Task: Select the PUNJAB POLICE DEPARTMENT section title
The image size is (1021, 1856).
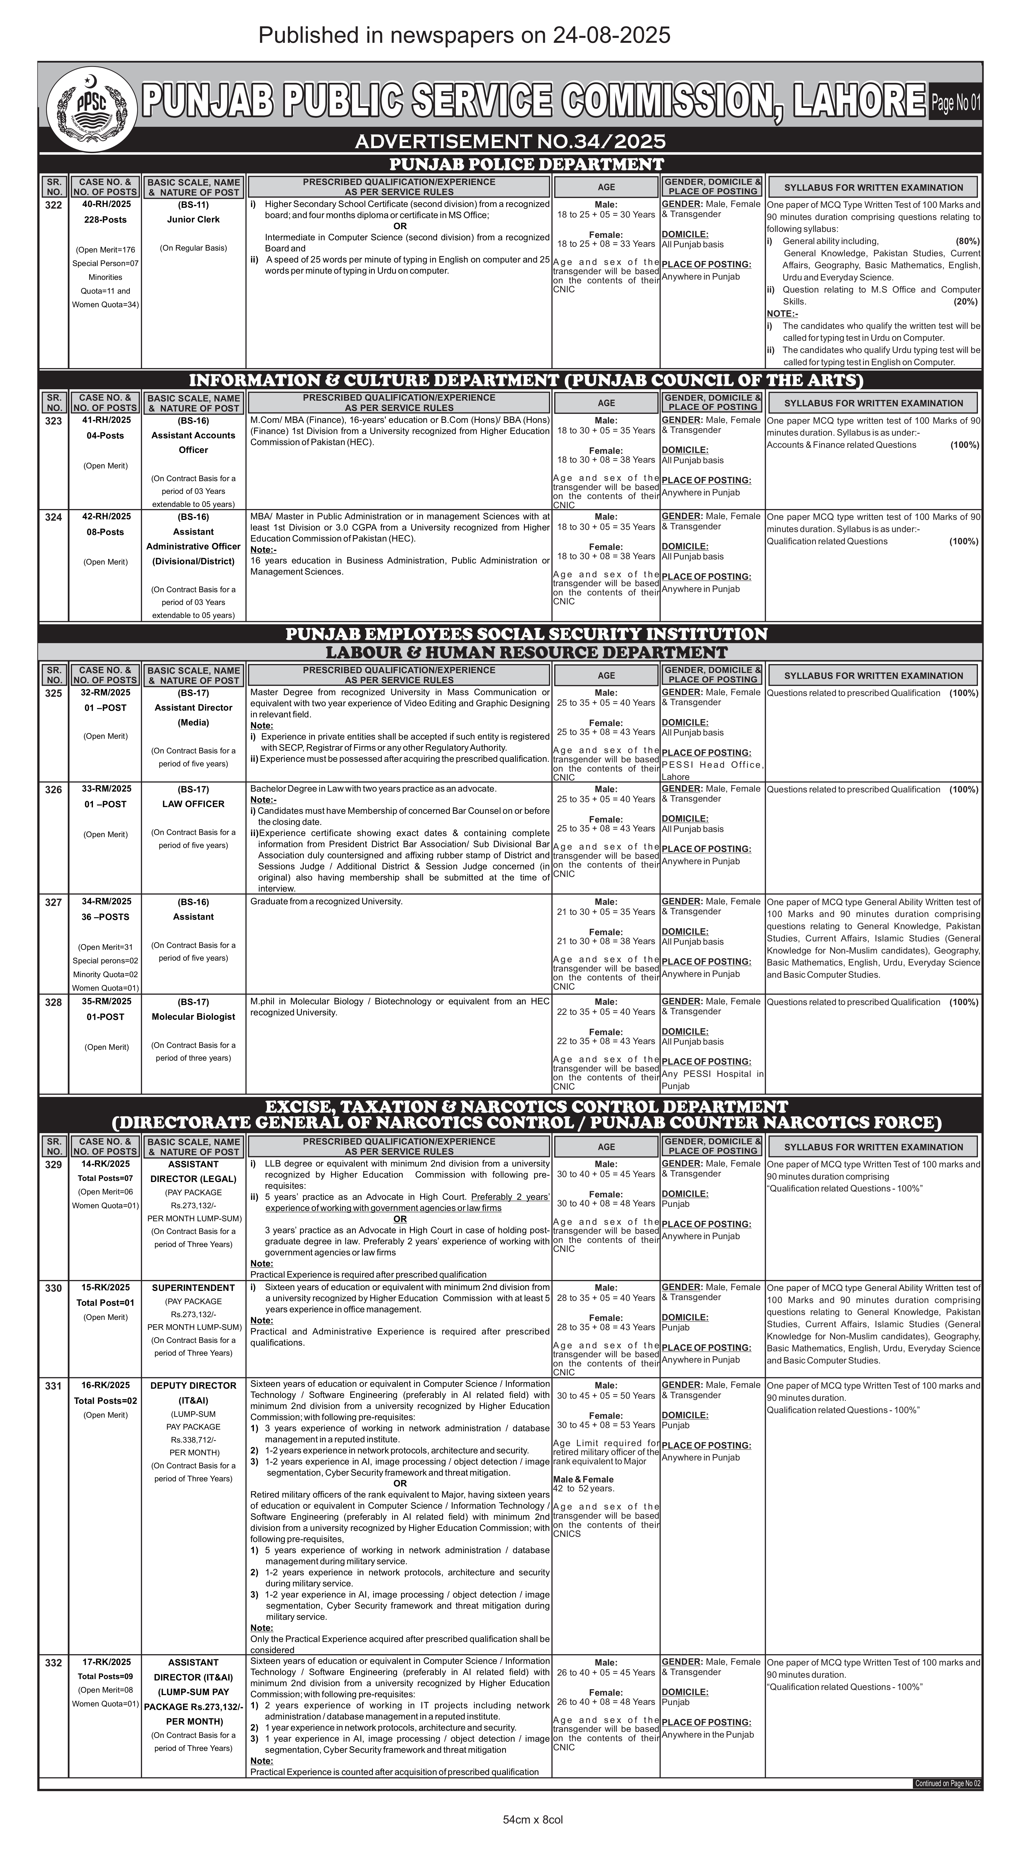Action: [x=526, y=164]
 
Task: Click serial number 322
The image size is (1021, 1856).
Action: [x=53, y=205]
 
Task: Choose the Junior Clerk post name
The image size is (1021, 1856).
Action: [x=193, y=219]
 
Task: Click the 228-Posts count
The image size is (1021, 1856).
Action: [x=105, y=219]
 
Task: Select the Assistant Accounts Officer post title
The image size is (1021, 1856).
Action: [x=193, y=442]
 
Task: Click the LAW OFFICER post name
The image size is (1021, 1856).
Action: [x=193, y=804]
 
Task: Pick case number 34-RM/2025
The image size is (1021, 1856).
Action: [x=107, y=901]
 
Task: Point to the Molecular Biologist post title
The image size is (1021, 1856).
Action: [x=193, y=1017]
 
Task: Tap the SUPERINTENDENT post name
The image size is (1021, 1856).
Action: [x=193, y=1288]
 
